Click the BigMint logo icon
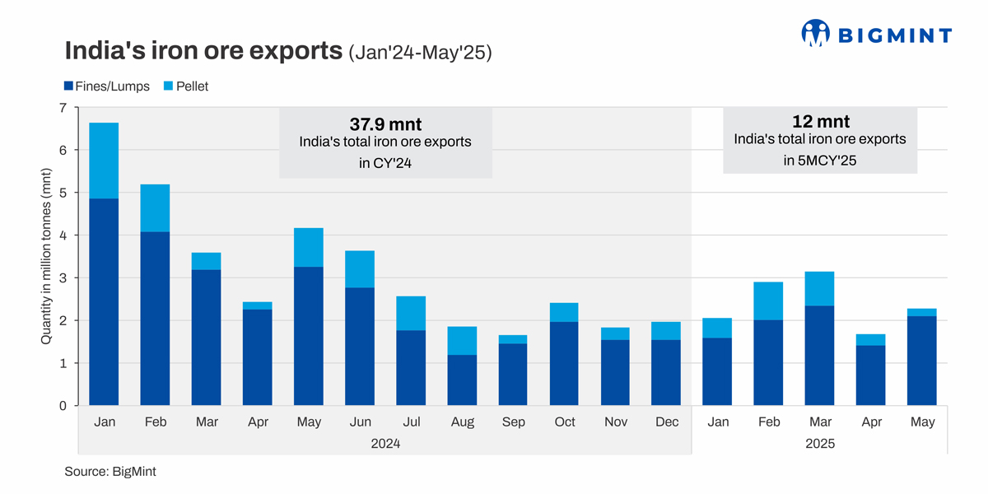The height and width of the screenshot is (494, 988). click(x=816, y=33)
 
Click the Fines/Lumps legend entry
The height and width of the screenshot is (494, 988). click(x=107, y=86)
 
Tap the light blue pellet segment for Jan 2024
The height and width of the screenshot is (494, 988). click(x=103, y=161)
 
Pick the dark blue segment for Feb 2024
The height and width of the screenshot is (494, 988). click(x=155, y=319)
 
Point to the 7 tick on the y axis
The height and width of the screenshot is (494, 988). click(x=63, y=108)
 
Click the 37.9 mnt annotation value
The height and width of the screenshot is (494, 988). click(x=385, y=124)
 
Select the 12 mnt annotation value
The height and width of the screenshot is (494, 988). click(x=820, y=122)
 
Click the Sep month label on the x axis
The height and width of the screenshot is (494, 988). click(x=513, y=422)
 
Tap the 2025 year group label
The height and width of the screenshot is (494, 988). click(x=819, y=444)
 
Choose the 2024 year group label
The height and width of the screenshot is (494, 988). click(x=384, y=444)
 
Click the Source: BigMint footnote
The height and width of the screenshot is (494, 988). click(x=110, y=472)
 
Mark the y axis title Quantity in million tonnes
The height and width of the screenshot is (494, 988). click(x=46, y=257)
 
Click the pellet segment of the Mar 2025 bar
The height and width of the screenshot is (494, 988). click(x=819, y=288)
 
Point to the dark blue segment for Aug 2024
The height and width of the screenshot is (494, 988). click(x=462, y=380)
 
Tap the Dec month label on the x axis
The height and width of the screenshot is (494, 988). click(x=666, y=422)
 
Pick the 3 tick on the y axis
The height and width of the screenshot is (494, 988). click(x=63, y=278)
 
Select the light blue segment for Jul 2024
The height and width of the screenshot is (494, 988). click(x=410, y=313)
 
